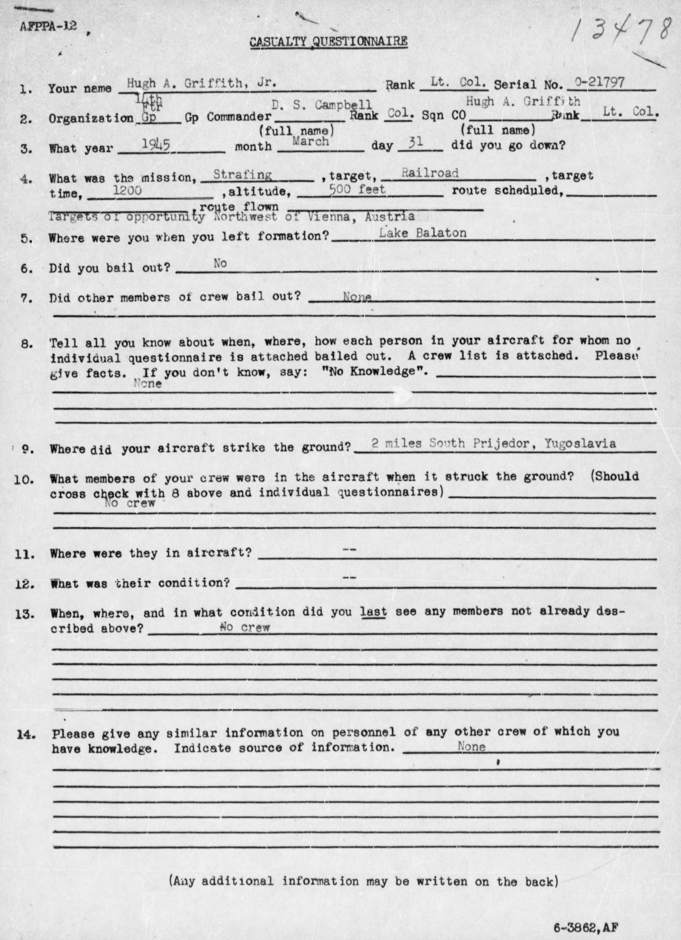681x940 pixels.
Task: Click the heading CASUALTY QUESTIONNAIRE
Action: [328, 42]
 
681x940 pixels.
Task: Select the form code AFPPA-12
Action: [48, 27]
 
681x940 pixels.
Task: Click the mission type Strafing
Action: [242, 175]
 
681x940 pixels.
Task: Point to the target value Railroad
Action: [430, 173]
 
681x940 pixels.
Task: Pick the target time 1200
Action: [128, 190]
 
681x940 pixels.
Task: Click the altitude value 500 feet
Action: [357, 190]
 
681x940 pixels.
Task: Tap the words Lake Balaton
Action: [423, 233]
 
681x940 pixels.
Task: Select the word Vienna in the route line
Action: [327, 216]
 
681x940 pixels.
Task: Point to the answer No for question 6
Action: [220, 263]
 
